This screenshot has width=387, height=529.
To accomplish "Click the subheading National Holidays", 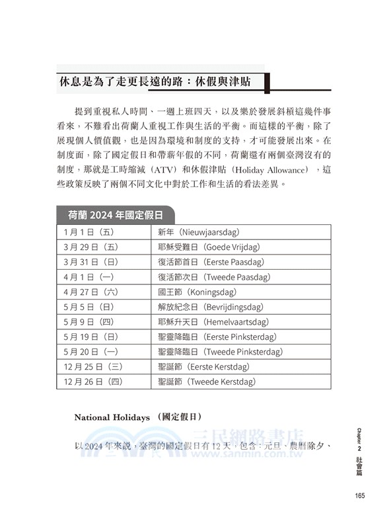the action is [x=112, y=417].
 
